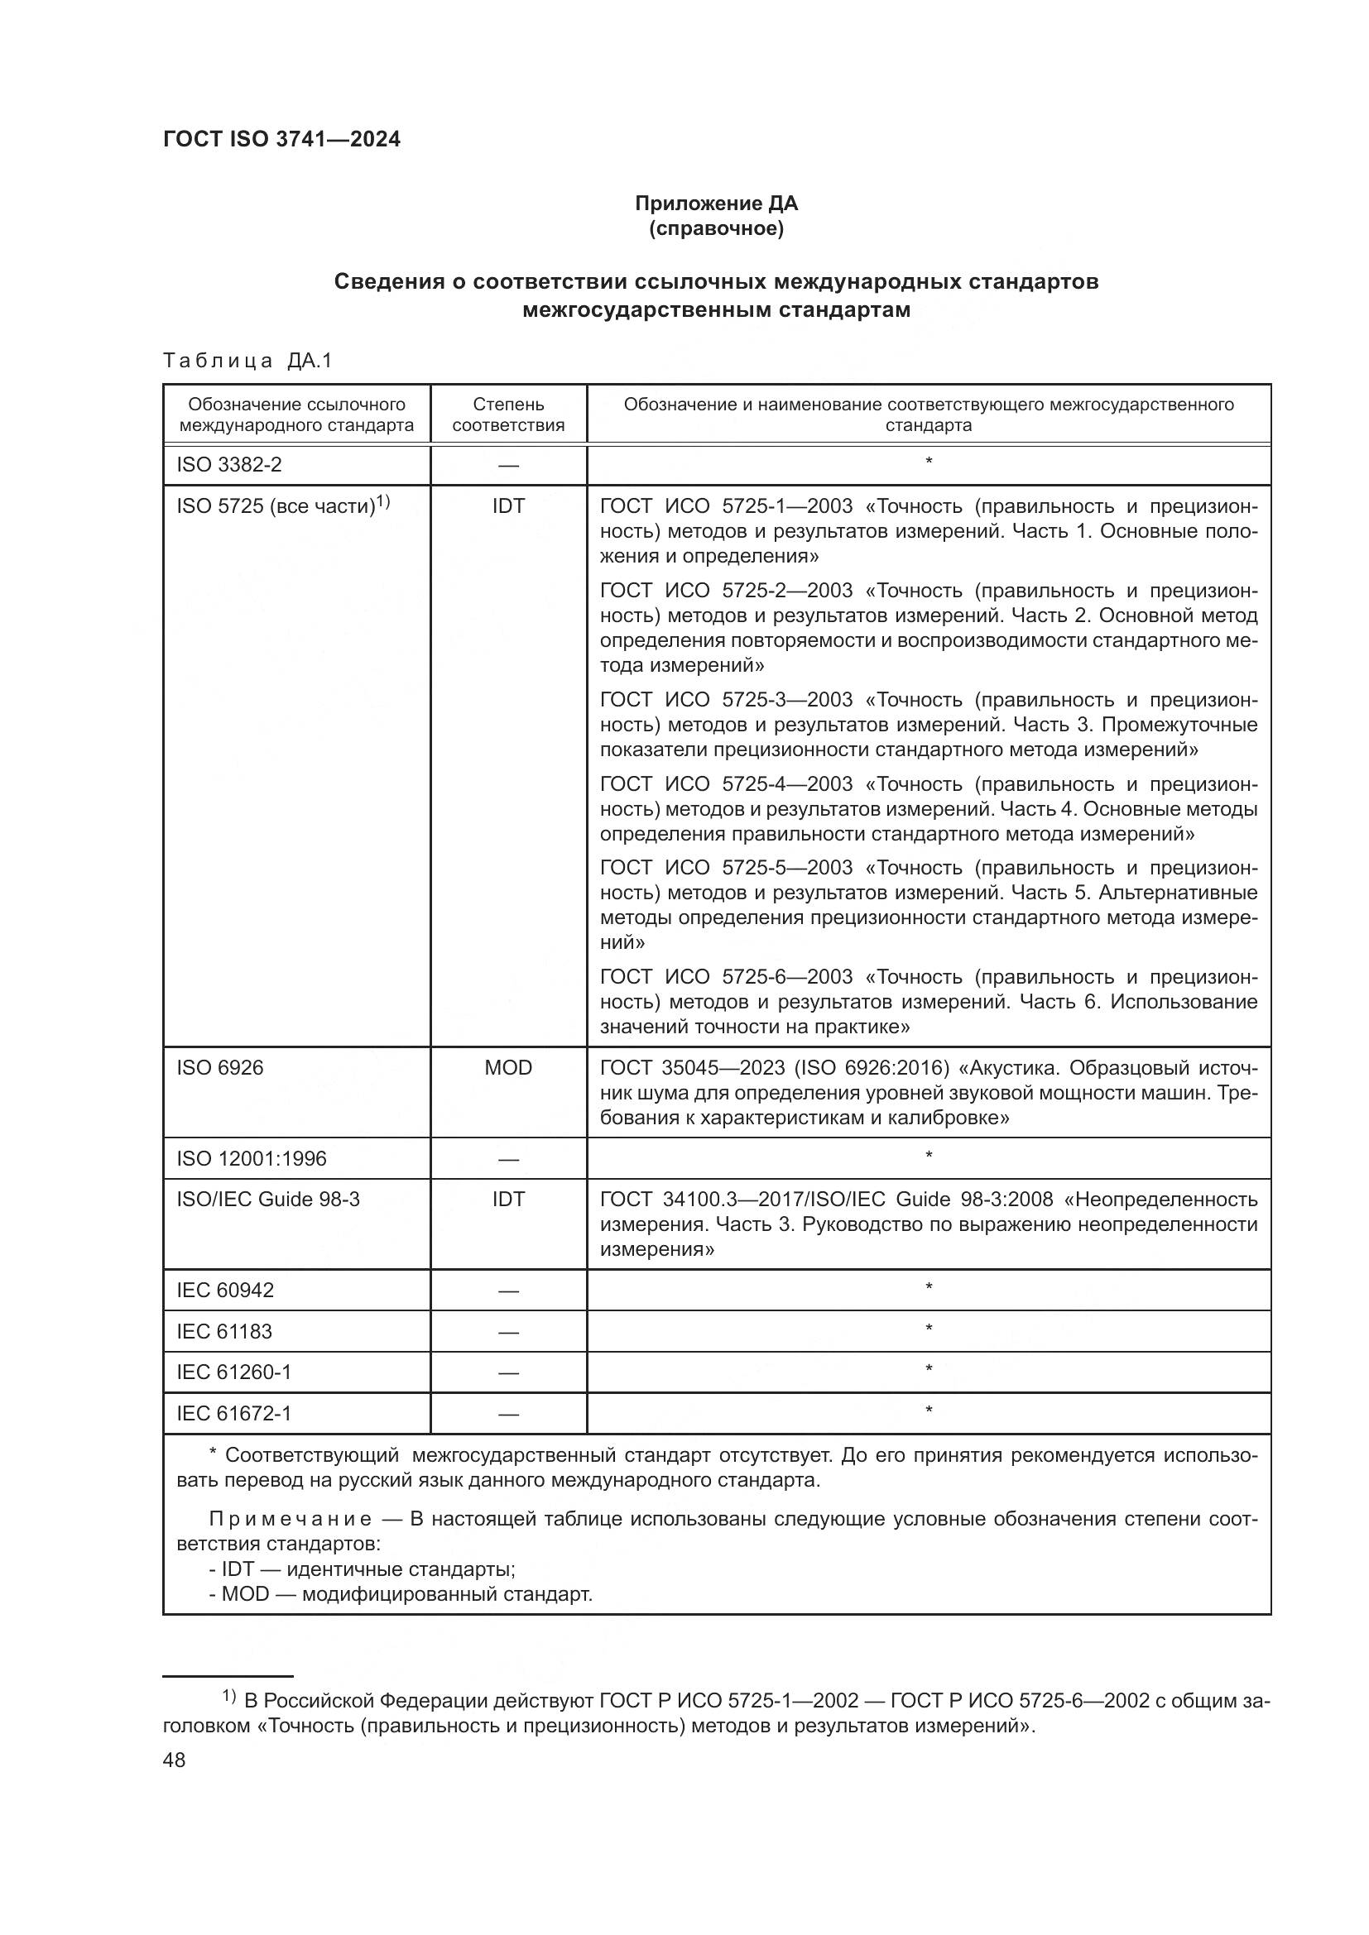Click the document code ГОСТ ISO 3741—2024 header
pos(281,140)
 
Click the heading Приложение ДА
pos(716,204)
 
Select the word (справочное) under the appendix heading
pos(716,228)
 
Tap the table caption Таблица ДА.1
pos(247,361)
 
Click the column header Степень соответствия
pos(507,414)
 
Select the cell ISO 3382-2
pos(228,464)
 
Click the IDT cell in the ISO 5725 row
pos(507,505)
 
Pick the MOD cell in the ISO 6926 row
pos(507,1068)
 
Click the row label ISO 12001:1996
pos(252,1159)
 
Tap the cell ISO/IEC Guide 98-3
pos(267,1200)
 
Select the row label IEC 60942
pos(225,1291)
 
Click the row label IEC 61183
pos(224,1332)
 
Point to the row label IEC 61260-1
pos(233,1372)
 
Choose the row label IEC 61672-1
pos(233,1413)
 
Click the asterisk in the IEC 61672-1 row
pos(928,1411)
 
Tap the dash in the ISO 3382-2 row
pos(507,465)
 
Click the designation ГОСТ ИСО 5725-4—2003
pos(726,783)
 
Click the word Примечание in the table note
pos(290,1520)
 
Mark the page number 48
pos(174,1760)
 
